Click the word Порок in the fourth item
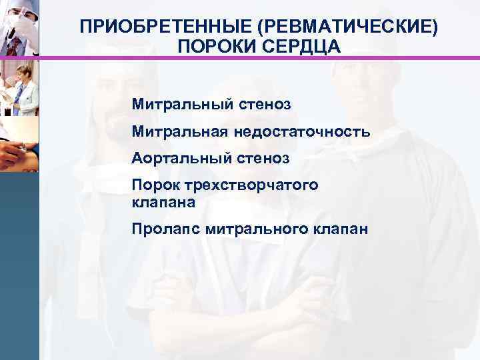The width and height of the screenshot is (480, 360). pyautogui.click(x=153, y=185)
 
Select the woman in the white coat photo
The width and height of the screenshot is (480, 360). pyautogui.click(x=19, y=85)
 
